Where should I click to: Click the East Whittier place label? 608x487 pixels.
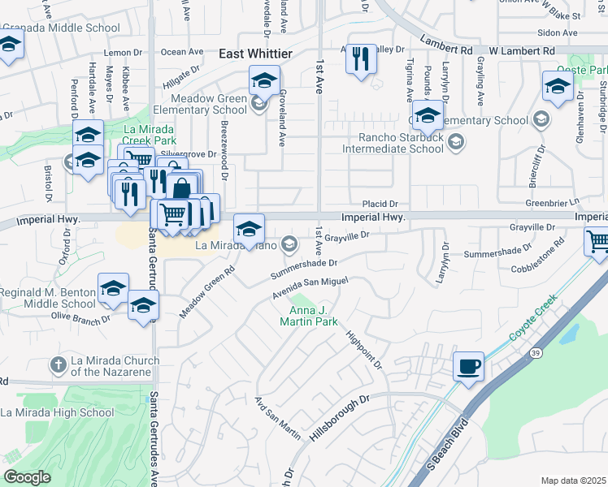pyautogui.click(x=255, y=53)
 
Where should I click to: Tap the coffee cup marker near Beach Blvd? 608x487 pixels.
pyautogui.click(x=469, y=366)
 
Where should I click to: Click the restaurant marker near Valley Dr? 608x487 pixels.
pyautogui.click(x=361, y=59)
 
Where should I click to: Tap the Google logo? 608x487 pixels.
pyautogui.click(x=27, y=477)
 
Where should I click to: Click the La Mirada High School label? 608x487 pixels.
pyautogui.click(x=57, y=412)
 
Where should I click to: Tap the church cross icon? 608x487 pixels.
pyautogui.click(x=58, y=365)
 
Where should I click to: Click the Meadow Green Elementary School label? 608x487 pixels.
pyautogui.click(x=198, y=104)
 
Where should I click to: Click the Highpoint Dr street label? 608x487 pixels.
pyautogui.click(x=364, y=349)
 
